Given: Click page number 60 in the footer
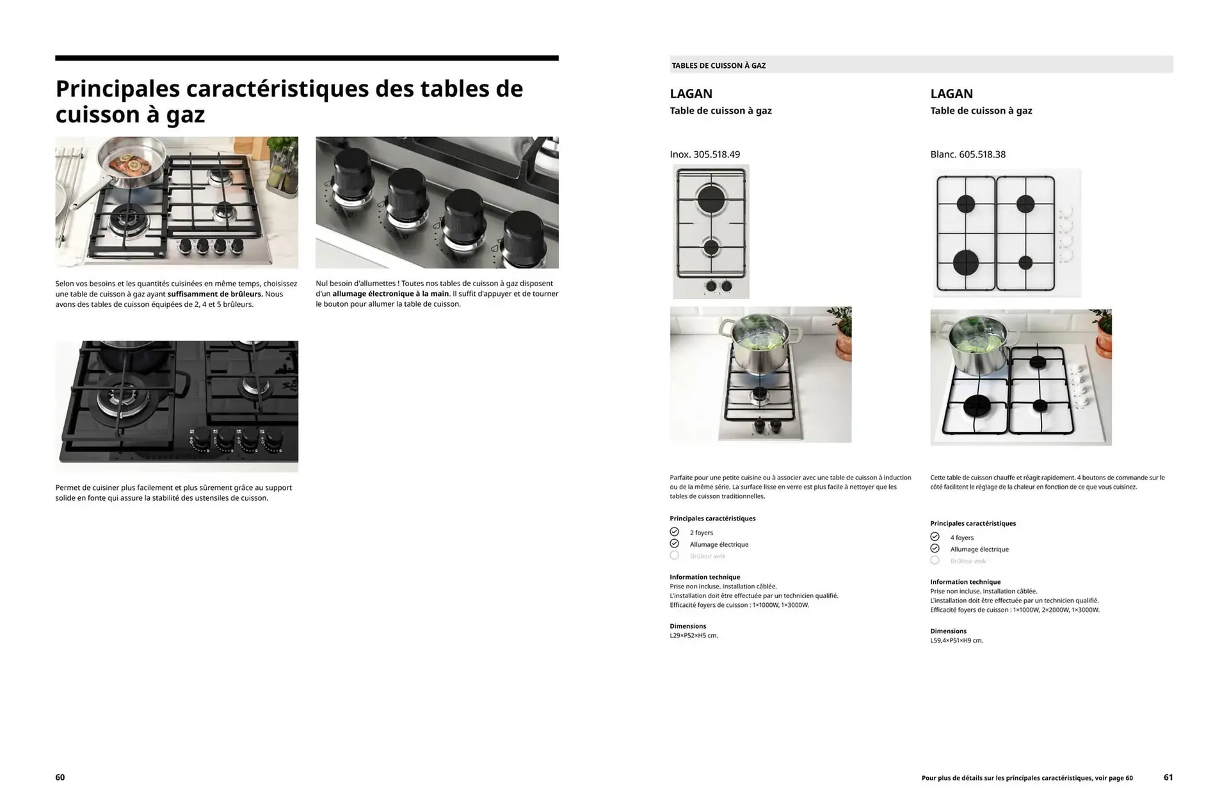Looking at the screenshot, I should click(x=60, y=777).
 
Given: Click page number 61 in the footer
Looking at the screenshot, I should click(x=1168, y=777).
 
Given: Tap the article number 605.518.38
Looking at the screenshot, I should click(x=982, y=154).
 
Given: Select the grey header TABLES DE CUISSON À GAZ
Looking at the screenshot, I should click(x=718, y=65).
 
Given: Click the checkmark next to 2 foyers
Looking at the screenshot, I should click(x=674, y=532).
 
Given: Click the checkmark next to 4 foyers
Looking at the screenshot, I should click(x=935, y=537).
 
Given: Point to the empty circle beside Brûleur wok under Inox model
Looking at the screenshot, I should click(x=674, y=556).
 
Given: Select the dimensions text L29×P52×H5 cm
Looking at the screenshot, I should click(x=694, y=636).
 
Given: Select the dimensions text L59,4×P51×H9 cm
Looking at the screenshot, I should click(x=956, y=640).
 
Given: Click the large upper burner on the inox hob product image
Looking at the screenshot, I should click(x=711, y=199).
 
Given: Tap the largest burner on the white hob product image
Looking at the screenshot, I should click(x=966, y=263).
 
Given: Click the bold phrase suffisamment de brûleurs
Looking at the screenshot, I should click(x=215, y=294).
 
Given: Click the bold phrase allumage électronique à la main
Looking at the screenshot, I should click(x=390, y=294).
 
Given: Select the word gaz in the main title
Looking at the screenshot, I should click(x=185, y=116).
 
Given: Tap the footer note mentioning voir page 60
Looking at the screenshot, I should click(x=1027, y=778).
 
